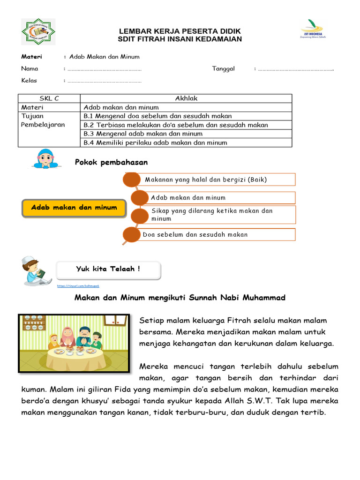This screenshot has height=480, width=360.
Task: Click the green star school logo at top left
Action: point(38,32)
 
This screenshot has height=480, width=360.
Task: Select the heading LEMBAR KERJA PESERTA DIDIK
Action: point(180,31)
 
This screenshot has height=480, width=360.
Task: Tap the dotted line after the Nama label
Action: point(105,69)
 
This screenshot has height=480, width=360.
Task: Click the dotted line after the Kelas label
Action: point(105,81)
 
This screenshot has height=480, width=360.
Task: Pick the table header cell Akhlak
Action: point(186,98)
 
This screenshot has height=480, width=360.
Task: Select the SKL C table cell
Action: point(49,98)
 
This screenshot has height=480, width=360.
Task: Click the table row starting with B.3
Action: point(186,134)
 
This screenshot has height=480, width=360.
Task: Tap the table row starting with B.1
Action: point(186,116)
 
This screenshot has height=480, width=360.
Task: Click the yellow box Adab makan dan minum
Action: point(74,208)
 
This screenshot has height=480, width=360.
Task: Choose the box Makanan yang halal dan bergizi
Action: point(213,180)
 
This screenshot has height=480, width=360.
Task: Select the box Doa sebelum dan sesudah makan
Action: point(213,234)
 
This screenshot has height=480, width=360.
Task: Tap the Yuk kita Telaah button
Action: point(108,270)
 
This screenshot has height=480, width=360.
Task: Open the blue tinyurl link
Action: point(78,285)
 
